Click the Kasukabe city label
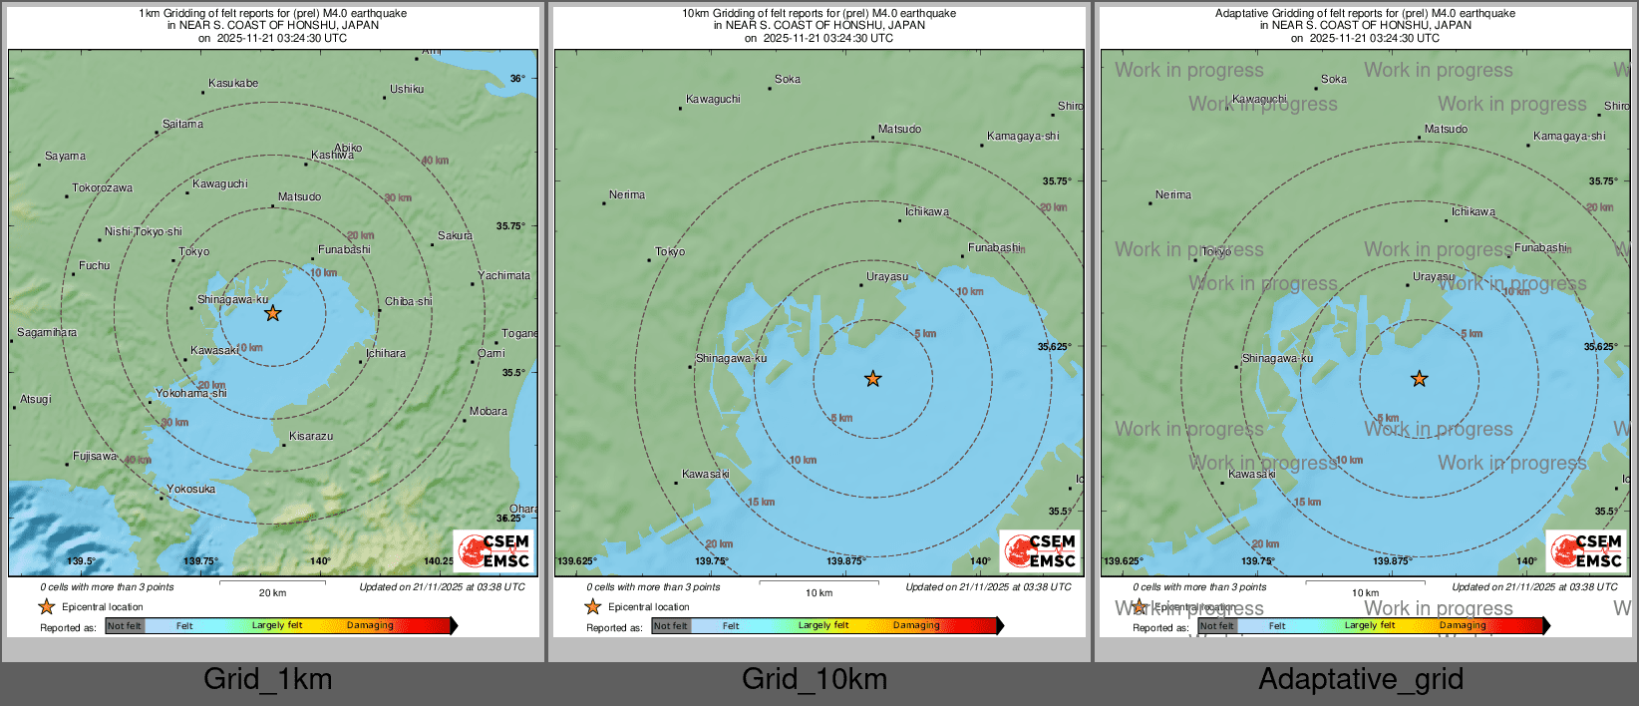tap(233, 84)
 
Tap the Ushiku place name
tap(407, 90)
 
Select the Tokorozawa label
tap(102, 188)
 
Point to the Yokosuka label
tap(191, 490)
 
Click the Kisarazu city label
tap(311, 437)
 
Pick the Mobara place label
tap(489, 412)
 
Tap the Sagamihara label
tap(47, 333)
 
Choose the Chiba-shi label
tap(409, 302)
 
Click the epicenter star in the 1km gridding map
tap(272, 313)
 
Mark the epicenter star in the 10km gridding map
tap(873, 379)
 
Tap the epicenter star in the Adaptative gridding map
tap(1419, 379)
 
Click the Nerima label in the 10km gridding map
tap(627, 195)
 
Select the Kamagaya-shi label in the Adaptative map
tap(1569, 137)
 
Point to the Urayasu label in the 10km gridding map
tap(887, 277)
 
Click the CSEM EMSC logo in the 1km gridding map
tap(494, 550)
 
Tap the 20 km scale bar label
tap(272, 593)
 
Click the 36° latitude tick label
tap(517, 79)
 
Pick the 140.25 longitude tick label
tap(438, 561)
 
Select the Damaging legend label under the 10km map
tap(916, 626)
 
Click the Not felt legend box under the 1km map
tap(125, 626)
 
